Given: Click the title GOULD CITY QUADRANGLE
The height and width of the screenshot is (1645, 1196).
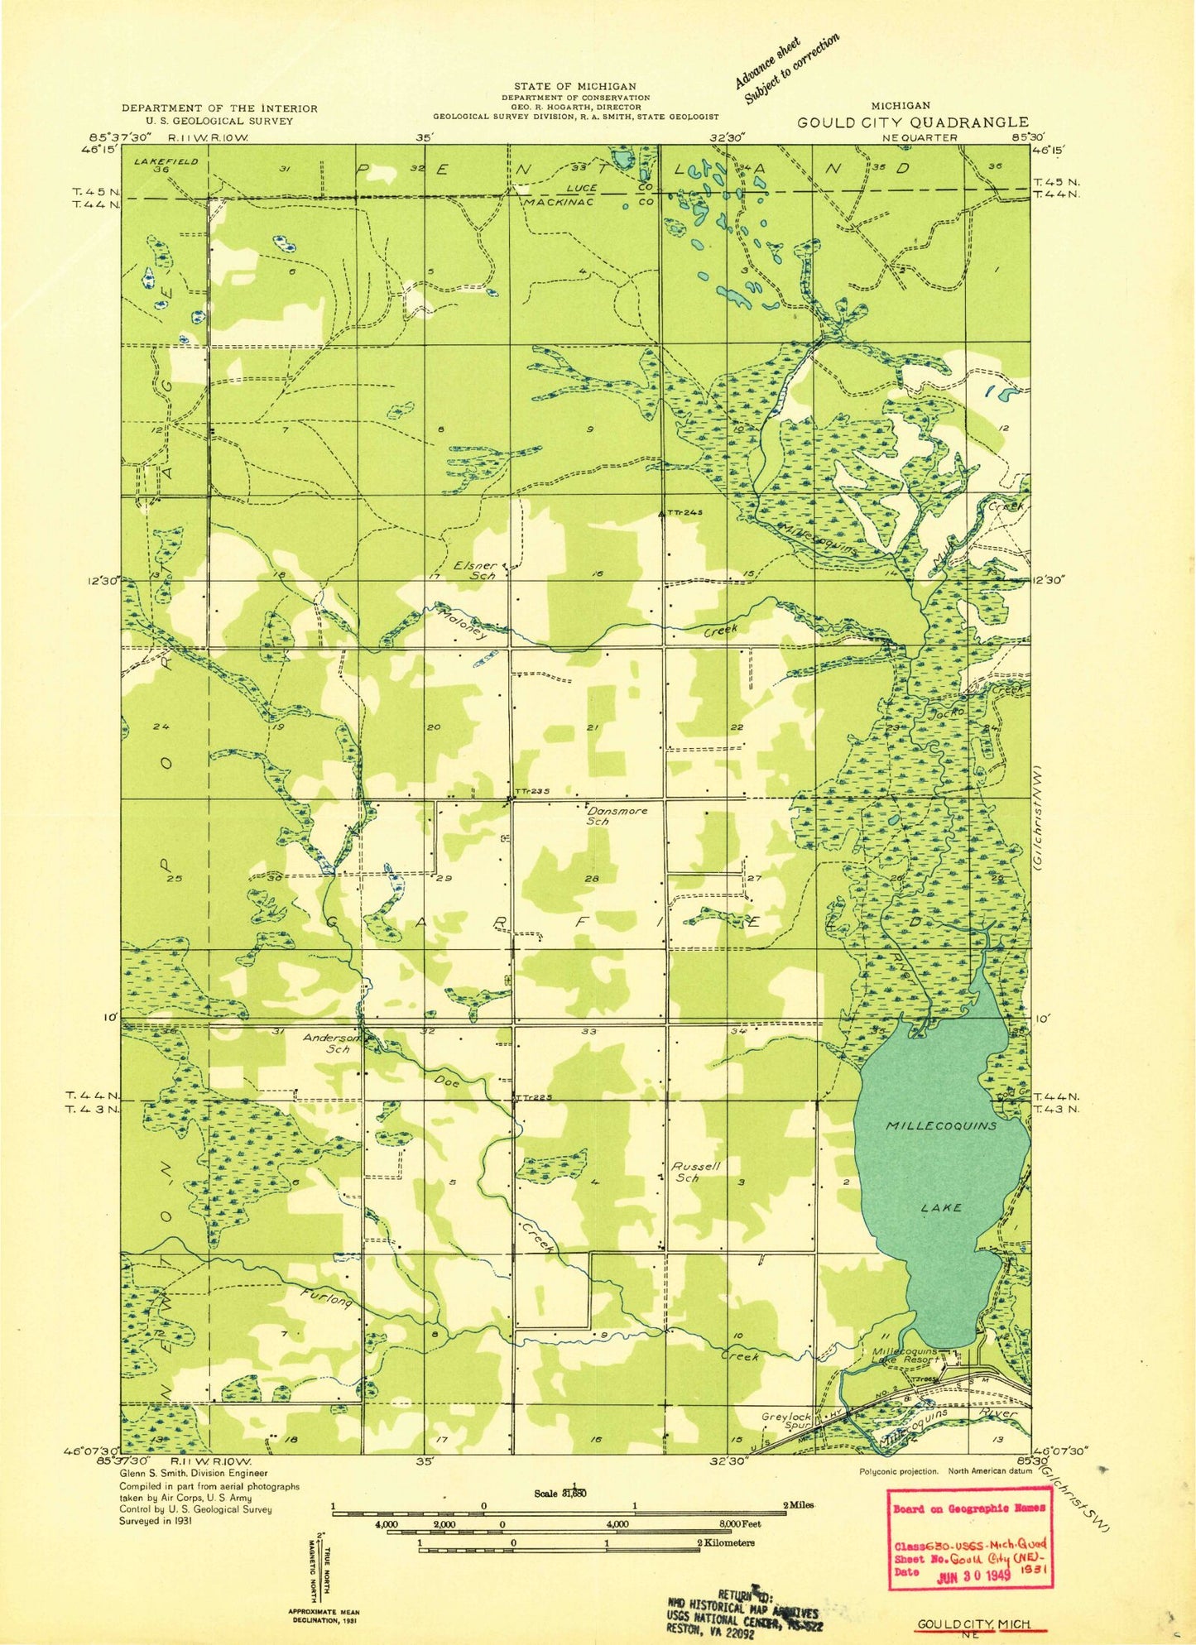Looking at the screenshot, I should click(x=913, y=122).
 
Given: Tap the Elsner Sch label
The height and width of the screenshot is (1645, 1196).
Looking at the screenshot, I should click(x=475, y=570).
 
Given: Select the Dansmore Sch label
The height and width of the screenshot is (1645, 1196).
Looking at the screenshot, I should click(x=617, y=815).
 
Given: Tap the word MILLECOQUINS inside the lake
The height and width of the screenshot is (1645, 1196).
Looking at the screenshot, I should click(x=941, y=1126).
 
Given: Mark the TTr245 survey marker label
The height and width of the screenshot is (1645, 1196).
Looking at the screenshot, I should click(x=684, y=513).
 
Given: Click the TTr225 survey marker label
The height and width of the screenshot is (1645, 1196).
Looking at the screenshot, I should click(x=533, y=1097).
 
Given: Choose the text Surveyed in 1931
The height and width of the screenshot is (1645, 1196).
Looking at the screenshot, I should click(x=156, y=1521).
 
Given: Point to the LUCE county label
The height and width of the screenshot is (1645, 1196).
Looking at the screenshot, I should click(x=582, y=189).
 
